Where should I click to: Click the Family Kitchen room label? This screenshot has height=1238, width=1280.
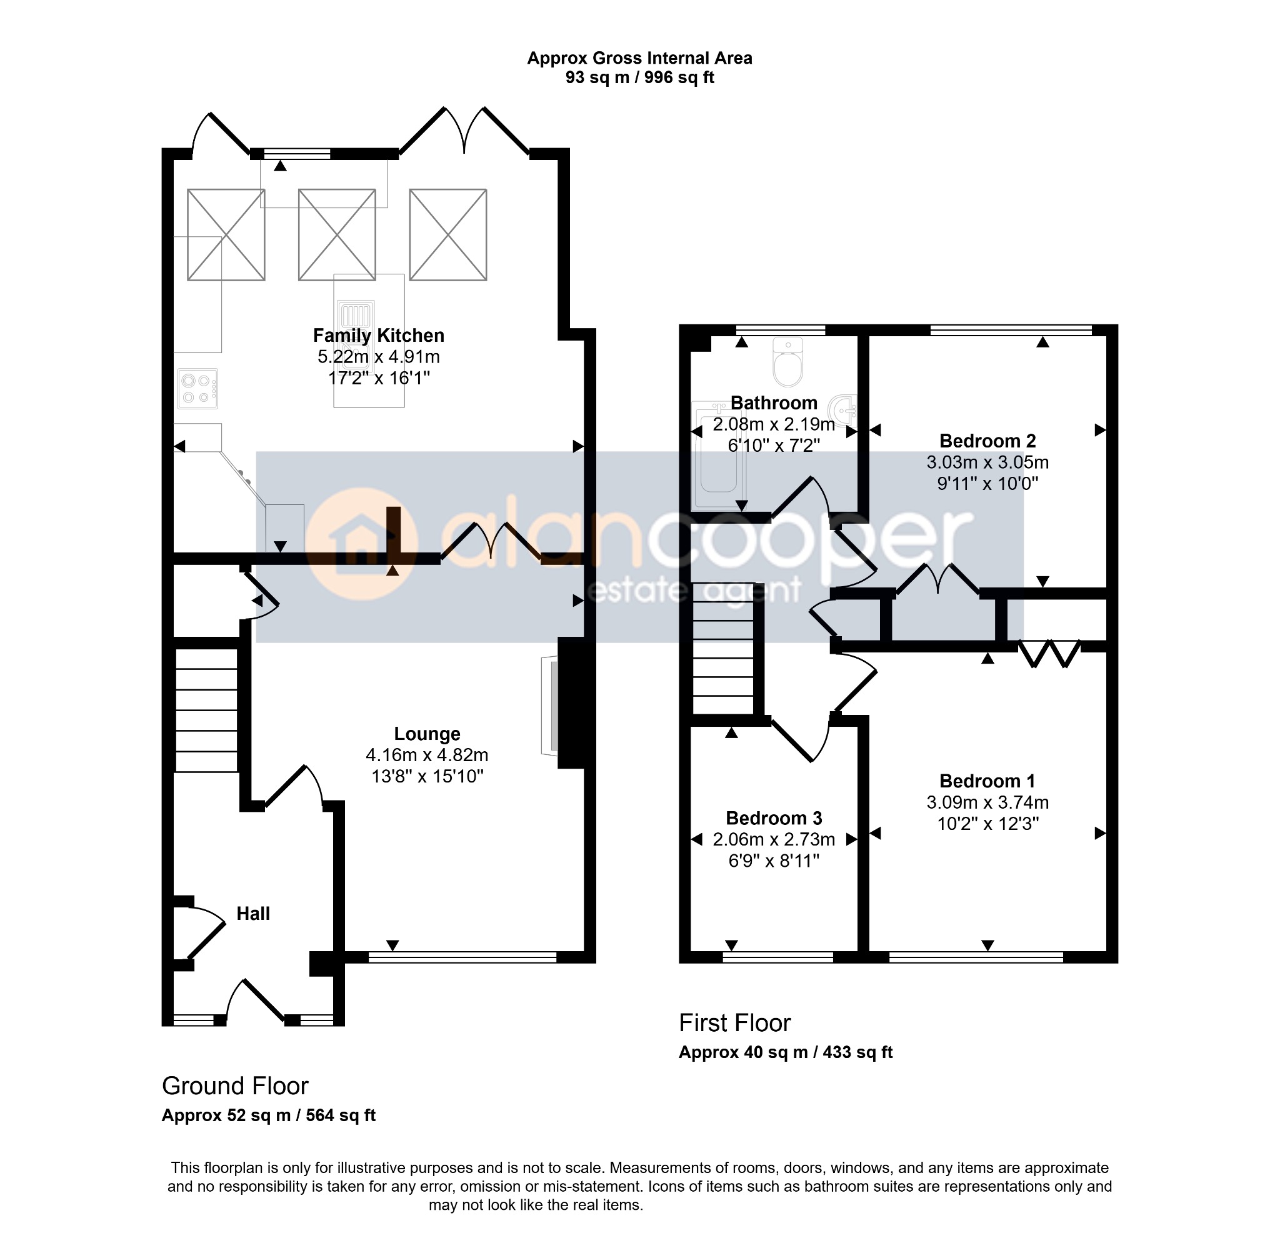coord(379,336)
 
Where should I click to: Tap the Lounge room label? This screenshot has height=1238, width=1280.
coord(427,734)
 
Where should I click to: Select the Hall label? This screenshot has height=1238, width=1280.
coord(253,914)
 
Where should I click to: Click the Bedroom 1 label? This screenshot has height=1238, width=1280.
coord(987,781)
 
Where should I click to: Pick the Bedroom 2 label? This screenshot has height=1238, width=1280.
coord(987,441)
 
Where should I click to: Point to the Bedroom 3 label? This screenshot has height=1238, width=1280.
coord(774,818)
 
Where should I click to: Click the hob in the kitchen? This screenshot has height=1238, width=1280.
coord(198,389)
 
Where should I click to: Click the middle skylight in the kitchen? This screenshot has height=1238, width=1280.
coord(337,235)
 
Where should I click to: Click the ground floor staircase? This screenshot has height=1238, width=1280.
coord(206,710)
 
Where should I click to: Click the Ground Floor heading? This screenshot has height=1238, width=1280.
coord(235,1086)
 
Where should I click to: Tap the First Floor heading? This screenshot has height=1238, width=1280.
coord(735,1022)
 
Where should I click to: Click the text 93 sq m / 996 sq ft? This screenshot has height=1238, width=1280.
coord(640,77)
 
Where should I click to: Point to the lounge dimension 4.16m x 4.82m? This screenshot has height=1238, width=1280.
coord(427,755)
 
